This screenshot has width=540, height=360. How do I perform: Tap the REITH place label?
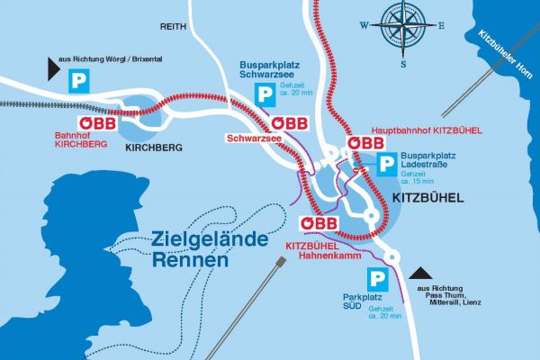tap(173, 27)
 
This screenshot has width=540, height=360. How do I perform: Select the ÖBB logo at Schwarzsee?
tap(290, 123)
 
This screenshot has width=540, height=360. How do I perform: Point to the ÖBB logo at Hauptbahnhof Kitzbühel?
tap(366, 144)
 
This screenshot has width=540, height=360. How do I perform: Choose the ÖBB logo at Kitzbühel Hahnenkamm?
tap(319, 223)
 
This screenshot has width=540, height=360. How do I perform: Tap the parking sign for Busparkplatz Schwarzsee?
tap(266, 95)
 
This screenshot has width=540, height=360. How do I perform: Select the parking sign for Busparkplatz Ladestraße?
tap(385, 164)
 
